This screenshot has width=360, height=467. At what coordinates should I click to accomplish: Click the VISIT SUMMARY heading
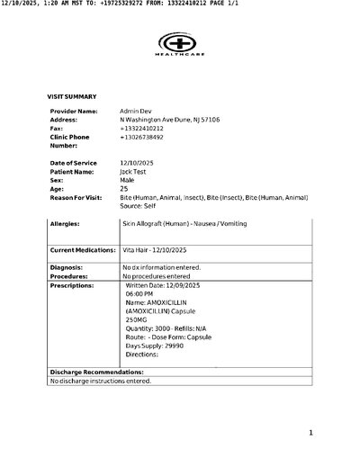[x=72, y=95]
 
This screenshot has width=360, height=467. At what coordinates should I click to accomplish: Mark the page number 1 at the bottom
[x=310, y=433]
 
